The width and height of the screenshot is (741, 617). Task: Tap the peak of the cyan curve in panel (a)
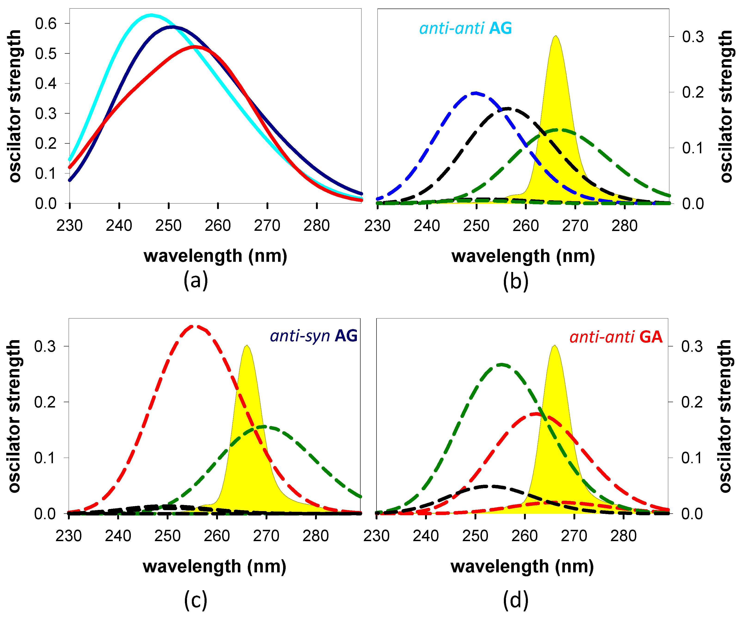click(x=151, y=15)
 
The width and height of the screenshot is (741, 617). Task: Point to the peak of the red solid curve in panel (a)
click(x=194, y=46)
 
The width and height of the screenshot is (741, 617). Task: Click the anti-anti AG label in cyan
click(x=465, y=28)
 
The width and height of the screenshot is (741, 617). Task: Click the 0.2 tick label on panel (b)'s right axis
click(x=693, y=93)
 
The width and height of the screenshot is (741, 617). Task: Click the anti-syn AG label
click(x=313, y=336)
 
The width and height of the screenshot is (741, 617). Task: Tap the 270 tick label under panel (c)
click(x=266, y=536)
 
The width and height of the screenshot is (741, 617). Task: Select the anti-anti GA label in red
click(x=616, y=337)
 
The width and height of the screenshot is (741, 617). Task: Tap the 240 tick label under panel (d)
click(x=426, y=536)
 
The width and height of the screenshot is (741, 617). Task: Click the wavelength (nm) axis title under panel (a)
click(x=215, y=256)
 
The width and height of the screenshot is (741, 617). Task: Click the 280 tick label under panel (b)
click(x=624, y=226)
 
